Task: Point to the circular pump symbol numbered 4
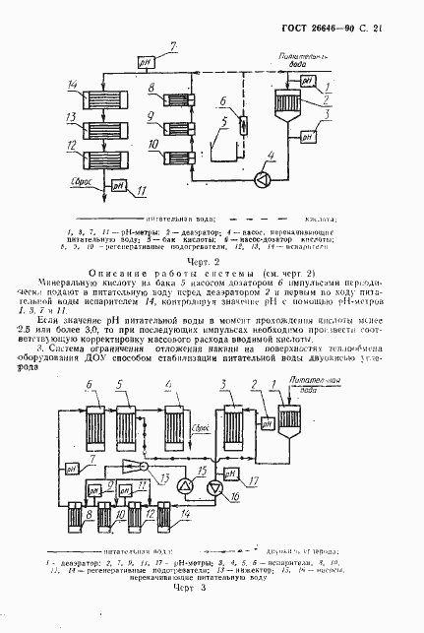pyautogui.click(x=262, y=179)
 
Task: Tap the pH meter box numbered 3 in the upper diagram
pyautogui.click(x=306, y=137)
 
